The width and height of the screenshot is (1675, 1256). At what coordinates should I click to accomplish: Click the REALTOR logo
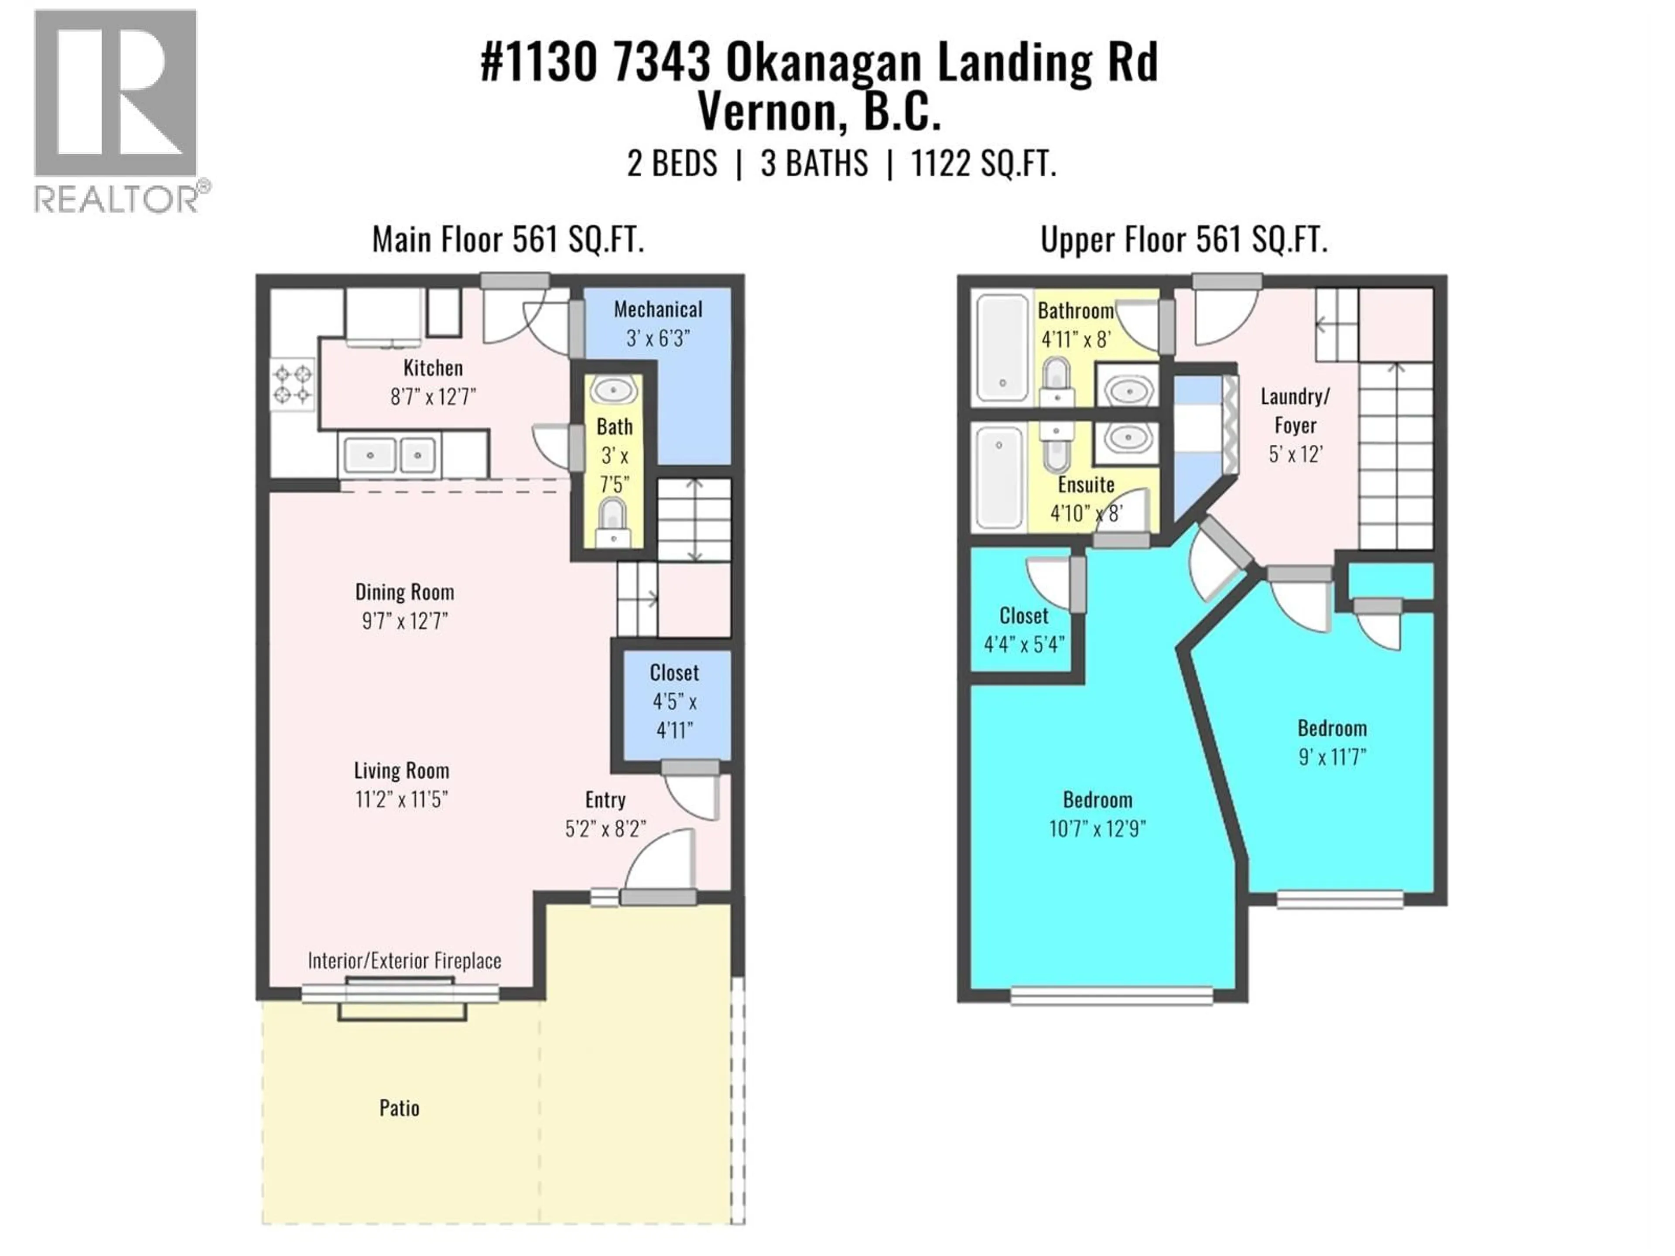[x=117, y=110]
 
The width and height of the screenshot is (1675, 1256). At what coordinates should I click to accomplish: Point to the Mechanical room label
[x=657, y=310]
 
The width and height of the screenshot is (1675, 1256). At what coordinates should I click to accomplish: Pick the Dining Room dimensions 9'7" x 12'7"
[x=404, y=621]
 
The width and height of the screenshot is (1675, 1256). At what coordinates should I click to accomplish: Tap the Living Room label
[x=401, y=771]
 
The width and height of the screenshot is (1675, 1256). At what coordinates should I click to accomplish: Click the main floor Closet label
[x=674, y=673]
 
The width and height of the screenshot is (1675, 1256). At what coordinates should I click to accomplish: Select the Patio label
[x=399, y=1108]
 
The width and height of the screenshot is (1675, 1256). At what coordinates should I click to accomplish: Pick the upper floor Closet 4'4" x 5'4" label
[x=1024, y=630]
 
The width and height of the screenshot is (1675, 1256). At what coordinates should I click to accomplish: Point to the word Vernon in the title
[x=765, y=112]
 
